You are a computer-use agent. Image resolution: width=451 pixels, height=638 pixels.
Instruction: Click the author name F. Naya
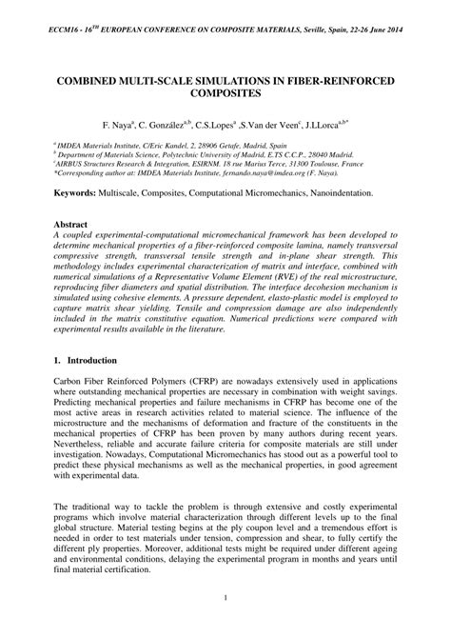tap(120, 125)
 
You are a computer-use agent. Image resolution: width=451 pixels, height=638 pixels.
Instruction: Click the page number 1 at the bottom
tap(225, 624)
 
